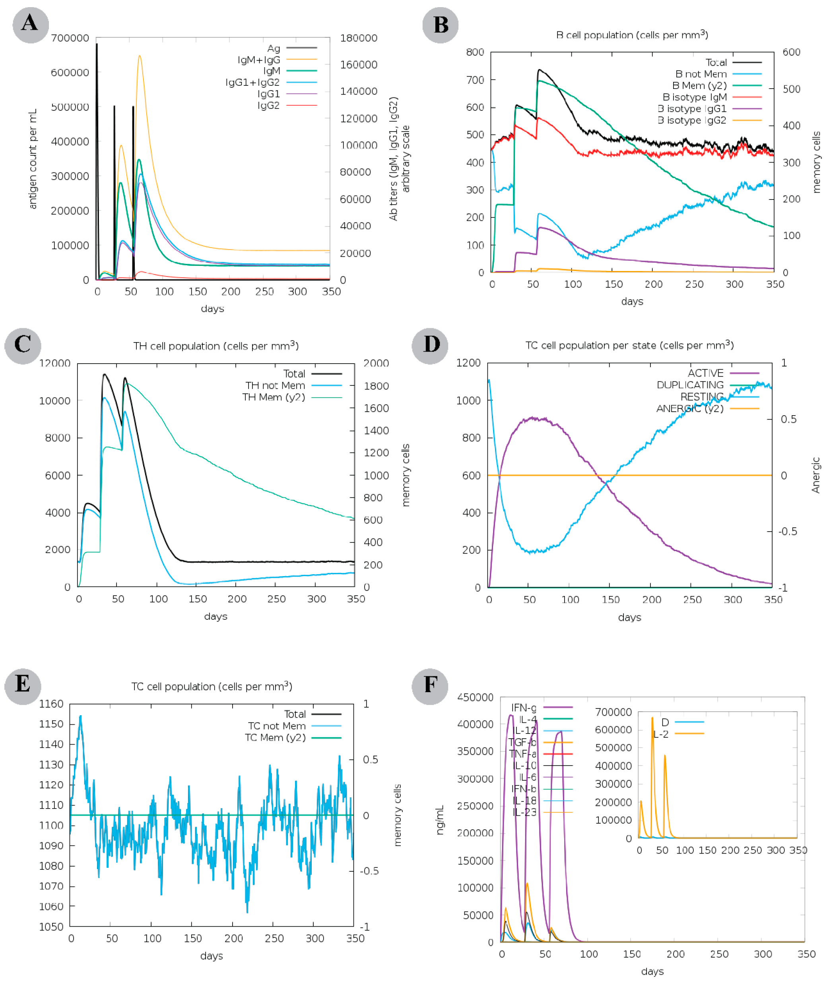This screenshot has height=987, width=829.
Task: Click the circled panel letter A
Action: [x=31, y=25]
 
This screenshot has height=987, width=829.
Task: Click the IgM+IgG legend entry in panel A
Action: [x=258, y=60]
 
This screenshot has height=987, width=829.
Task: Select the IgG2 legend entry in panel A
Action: [x=268, y=105]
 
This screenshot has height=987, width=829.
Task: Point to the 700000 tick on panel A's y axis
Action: [x=70, y=38]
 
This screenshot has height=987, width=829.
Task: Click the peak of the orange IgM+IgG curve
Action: [x=139, y=56]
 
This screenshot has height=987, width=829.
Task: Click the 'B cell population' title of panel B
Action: [x=631, y=35]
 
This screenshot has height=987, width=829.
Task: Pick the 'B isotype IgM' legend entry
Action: [x=695, y=97]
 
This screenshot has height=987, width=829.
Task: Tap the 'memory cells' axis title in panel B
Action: [x=816, y=162]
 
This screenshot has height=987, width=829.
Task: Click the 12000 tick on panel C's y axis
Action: [x=54, y=363]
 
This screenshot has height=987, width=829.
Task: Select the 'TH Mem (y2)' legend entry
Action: [x=274, y=398]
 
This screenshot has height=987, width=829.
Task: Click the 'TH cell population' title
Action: [x=216, y=346]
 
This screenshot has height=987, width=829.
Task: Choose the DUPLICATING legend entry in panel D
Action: [x=690, y=385]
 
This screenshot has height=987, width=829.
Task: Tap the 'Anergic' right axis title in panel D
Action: [x=815, y=475]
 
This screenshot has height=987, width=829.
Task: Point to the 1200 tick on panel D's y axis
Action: [x=468, y=363]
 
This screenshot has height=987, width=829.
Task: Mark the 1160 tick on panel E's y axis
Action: [x=51, y=704]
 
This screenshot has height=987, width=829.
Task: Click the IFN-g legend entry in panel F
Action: [x=523, y=708]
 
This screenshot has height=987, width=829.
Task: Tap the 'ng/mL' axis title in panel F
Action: [x=440, y=820]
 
